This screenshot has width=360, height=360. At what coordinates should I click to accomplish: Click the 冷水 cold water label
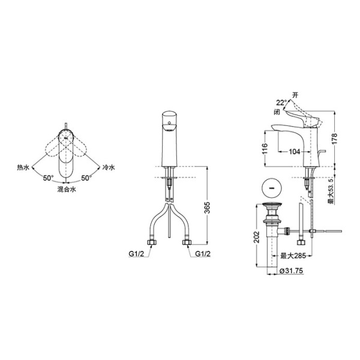pyautogui.click(x=108, y=169)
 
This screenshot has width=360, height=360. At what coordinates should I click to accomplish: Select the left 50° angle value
pyautogui.click(x=47, y=178)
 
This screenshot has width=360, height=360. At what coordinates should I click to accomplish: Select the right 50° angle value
pyautogui.click(x=86, y=178)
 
